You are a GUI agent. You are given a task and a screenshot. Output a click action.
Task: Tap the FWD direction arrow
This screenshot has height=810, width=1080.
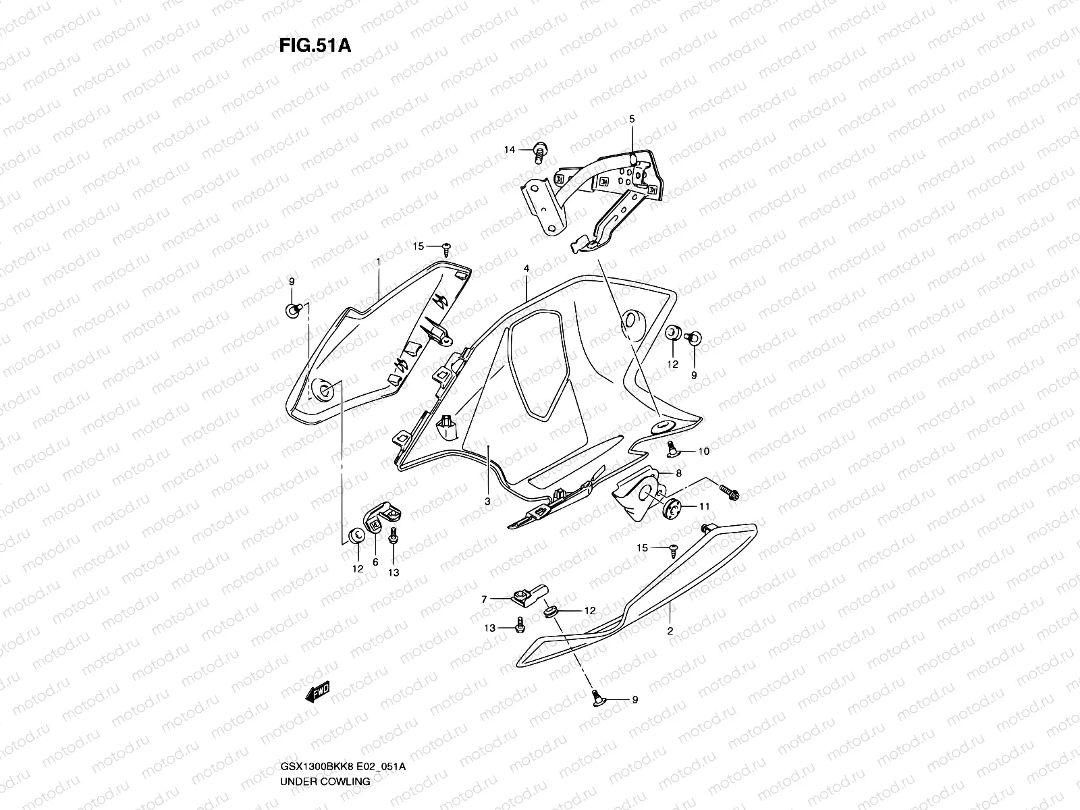317,692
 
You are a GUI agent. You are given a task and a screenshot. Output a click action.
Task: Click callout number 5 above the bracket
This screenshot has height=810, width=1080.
632,119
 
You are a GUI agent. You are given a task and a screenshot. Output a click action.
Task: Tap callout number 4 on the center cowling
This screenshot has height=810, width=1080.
526,268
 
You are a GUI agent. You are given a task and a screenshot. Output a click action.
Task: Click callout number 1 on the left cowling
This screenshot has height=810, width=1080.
379,261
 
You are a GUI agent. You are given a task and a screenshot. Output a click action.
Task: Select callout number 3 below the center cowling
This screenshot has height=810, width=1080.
487,501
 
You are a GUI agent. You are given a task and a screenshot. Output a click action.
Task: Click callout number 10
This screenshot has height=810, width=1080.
703,452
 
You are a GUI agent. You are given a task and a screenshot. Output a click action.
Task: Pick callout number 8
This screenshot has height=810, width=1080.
678,473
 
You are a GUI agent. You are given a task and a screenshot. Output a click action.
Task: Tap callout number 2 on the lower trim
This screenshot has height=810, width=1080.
670,630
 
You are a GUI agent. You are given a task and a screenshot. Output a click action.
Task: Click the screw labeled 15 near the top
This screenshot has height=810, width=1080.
446,248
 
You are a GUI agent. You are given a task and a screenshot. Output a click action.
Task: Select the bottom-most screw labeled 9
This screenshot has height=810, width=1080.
597,696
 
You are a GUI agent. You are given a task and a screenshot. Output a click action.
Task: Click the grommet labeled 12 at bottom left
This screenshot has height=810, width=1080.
354,537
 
